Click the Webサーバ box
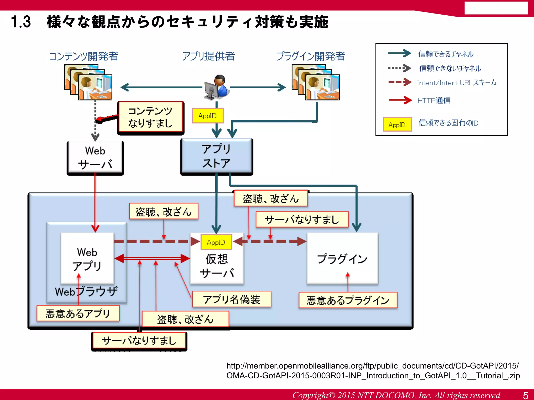click(95, 158)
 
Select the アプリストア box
click(216, 156)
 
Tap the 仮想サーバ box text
click(217, 266)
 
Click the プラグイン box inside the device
click(342, 258)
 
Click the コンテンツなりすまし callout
click(150, 117)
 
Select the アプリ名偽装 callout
click(232, 299)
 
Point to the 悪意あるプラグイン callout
click(348, 300)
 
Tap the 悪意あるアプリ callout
click(78, 313)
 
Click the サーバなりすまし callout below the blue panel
click(139, 340)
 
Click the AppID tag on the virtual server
click(216, 242)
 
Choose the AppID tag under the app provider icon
click(208, 116)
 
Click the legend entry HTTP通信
click(434, 100)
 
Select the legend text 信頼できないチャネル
click(450, 68)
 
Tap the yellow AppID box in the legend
click(397, 124)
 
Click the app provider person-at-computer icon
click(216, 87)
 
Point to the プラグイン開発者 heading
click(310, 56)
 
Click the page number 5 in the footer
click(526, 395)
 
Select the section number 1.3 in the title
click(21, 22)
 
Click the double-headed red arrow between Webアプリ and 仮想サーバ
click(152, 258)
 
